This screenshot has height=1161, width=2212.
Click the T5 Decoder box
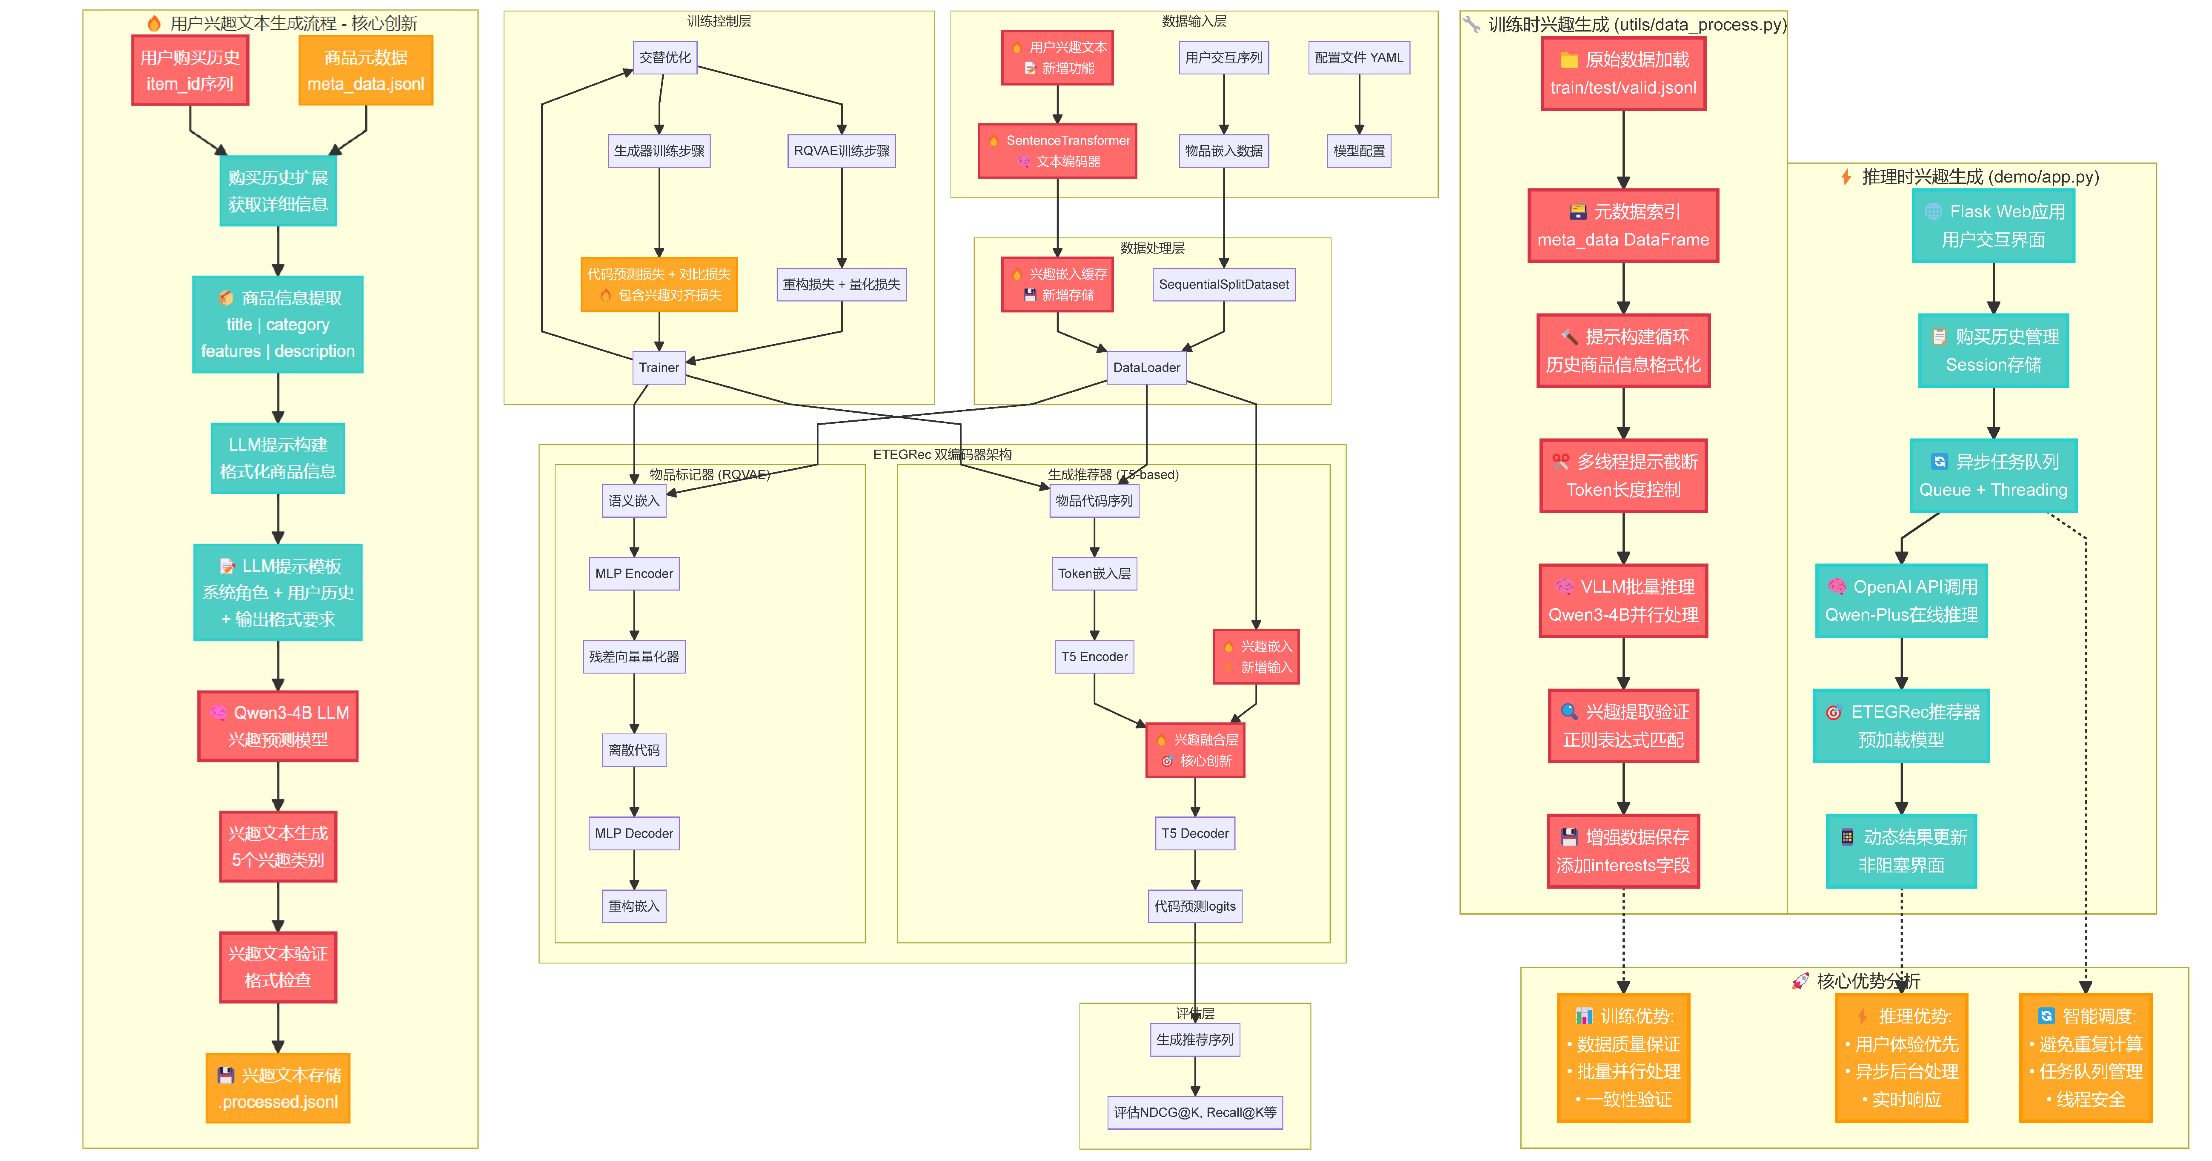[x=1194, y=833]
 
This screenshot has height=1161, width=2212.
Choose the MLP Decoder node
[x=634, y=833]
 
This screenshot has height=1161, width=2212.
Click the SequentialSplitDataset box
[x=1224, y=284]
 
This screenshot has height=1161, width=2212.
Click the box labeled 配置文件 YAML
[x=1358, y=58]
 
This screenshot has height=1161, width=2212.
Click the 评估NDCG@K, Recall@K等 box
[x=1194, y=1112]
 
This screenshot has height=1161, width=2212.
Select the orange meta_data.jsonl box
[x=366, y=70]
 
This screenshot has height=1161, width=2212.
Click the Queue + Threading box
[x=1993, y=476]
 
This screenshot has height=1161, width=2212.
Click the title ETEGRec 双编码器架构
[x=942, y=454]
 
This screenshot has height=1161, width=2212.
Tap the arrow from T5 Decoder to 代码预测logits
[x=1194, y=870]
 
